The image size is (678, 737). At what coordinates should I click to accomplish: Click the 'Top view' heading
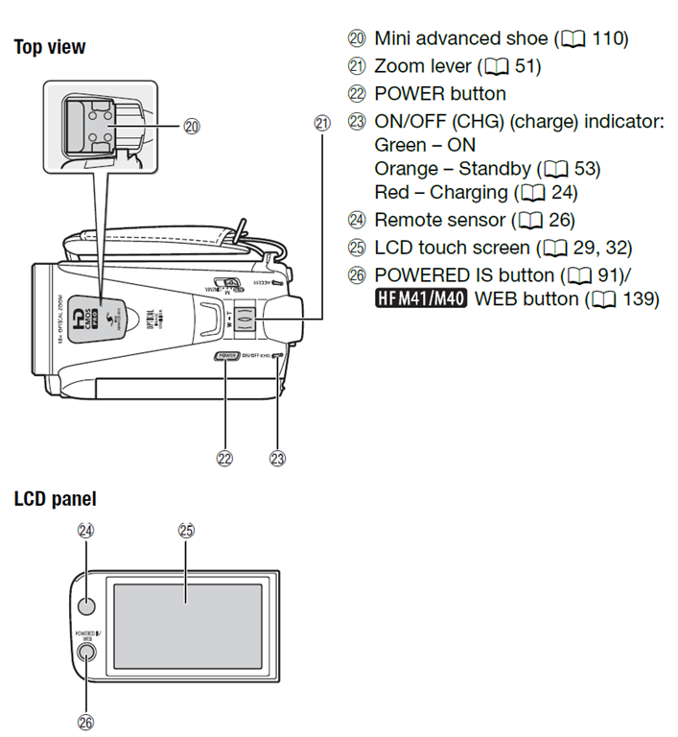point(49,46)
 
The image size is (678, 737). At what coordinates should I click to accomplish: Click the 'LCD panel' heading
point(55,499)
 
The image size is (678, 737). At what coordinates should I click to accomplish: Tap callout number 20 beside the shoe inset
point(191,126)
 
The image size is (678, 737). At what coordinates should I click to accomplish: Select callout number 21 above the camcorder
point(320,122)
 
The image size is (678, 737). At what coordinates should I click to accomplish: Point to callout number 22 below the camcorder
point(225,459)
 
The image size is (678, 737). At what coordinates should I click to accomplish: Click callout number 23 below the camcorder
point(278,459)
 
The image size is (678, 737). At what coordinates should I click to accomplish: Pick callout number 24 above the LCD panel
point(85,530)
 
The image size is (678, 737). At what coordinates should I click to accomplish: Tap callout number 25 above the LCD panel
point(187,530)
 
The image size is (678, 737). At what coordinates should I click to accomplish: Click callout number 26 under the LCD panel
point(85,722)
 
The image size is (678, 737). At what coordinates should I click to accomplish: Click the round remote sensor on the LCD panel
point(86,606)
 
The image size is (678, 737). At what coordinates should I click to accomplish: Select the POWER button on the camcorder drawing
point(227,356)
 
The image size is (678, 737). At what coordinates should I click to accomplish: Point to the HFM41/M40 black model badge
point(420,298)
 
